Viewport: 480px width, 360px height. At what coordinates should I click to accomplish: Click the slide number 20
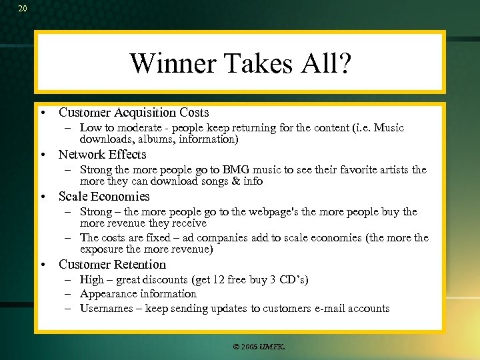(x=23, y=9)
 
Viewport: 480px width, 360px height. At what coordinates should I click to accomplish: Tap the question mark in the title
(x=343, y=63)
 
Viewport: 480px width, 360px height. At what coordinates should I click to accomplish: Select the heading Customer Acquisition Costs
(x=133, y=113)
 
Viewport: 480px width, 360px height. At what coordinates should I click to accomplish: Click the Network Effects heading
(x=102, y=155)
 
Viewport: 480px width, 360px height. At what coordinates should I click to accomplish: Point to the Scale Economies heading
(x=104, y=197)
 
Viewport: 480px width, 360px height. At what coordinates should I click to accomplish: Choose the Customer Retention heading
(x=112, y=265)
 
